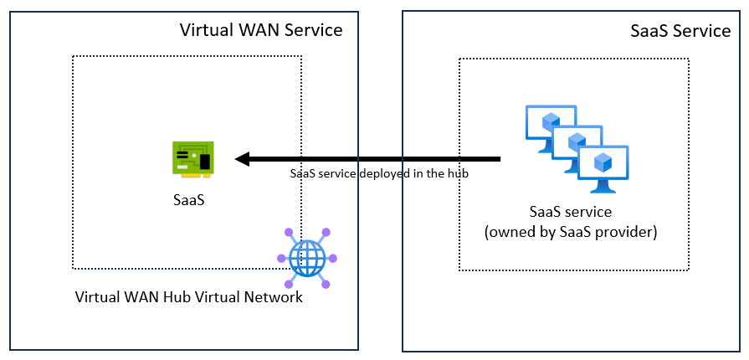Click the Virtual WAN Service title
(x=261, y=30)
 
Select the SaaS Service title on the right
(x=680, y=31)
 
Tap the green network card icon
(x=193, y=159)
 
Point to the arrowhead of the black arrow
(x=242, y=159)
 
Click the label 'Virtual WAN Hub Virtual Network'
(x=188, y=297)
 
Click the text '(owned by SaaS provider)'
(x=571, y=232)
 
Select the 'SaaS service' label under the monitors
(x=571, y=211)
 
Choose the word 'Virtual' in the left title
(x=208, y=30)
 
